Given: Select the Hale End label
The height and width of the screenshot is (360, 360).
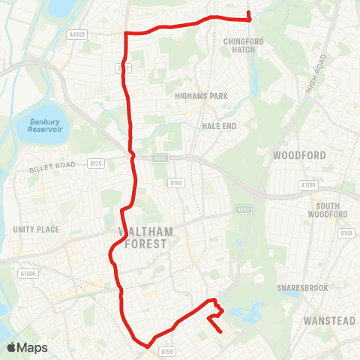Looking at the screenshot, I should coord(218,126).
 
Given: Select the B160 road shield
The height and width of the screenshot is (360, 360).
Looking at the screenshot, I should coord(176,182).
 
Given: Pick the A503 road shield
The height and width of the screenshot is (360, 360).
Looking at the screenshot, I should coord(242,209).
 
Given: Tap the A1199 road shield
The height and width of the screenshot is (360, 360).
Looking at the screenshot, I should coord(307,185).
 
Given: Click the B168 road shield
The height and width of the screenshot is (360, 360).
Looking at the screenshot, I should coord(346,233).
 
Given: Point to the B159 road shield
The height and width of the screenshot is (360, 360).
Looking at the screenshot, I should coord(166,350).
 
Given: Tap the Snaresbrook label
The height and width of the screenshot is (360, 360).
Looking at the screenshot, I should coord(298,286).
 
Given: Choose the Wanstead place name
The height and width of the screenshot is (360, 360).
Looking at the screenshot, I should coord(328,321).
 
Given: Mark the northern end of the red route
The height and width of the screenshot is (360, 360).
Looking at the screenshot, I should coord(248,10).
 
